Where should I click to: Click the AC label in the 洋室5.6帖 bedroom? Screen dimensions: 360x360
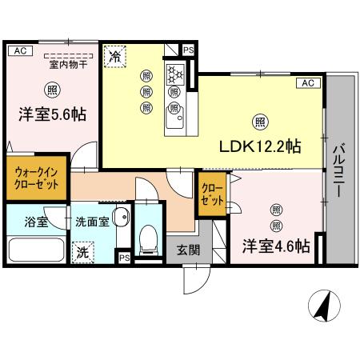[x=20, y=50]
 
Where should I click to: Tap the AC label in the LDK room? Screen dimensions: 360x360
[x=306, y=82]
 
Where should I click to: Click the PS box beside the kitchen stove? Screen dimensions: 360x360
[x=189, y=50]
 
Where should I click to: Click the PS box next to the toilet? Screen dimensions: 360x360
[x=124, y=258]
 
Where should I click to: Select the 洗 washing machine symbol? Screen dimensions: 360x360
[x=84, y=252]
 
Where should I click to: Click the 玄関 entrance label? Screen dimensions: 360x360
[x=189, y=249]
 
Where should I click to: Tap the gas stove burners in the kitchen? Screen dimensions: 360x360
[x=176, y=76]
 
